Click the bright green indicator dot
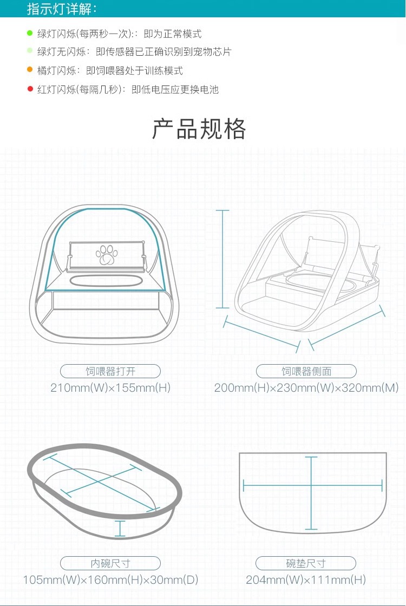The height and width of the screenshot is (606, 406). pos(30,34)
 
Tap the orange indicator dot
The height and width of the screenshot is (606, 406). pos(30,70)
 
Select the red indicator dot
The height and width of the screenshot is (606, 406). pos(30,89)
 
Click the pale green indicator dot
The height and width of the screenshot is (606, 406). pos(30,52)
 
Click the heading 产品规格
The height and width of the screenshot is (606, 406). pos(199,129)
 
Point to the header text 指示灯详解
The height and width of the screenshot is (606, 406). pos(62,9)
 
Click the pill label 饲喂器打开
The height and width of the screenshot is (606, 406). pos(110,371)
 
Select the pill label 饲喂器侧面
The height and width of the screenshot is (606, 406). pos(306,371)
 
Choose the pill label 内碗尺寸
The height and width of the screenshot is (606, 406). pos(110,563)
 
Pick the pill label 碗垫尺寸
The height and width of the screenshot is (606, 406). pos(306,563)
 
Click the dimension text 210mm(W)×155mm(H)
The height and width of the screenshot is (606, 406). pos(110,387)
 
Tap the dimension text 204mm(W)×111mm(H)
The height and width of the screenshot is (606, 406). pos(306,580)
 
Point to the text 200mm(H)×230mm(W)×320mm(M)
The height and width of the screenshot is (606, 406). pos(306,387)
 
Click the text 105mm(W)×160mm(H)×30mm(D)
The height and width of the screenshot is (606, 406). pos(110,580)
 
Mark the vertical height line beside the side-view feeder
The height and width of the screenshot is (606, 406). pos(222,259)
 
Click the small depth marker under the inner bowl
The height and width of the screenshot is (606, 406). pos(120,528)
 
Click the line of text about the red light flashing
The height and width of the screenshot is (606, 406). pos(128,89)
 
